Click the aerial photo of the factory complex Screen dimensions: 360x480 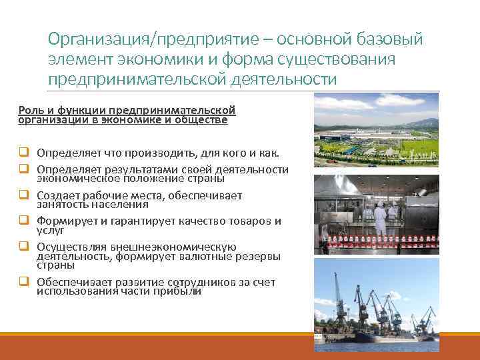(x=376, y=131)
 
